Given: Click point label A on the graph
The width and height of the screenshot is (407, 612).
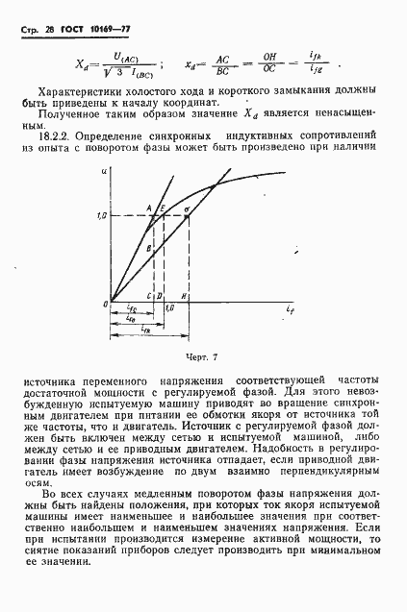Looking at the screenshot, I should click(x=149, y=207).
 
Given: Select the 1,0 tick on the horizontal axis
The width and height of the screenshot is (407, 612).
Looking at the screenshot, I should click(x=169, y=307).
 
